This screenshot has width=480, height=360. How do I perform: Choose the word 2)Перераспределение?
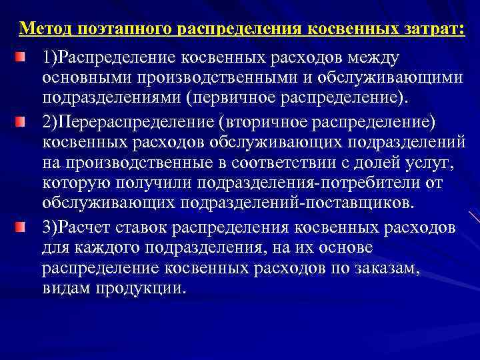(124, 123)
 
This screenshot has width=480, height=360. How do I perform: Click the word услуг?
(429, 164)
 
